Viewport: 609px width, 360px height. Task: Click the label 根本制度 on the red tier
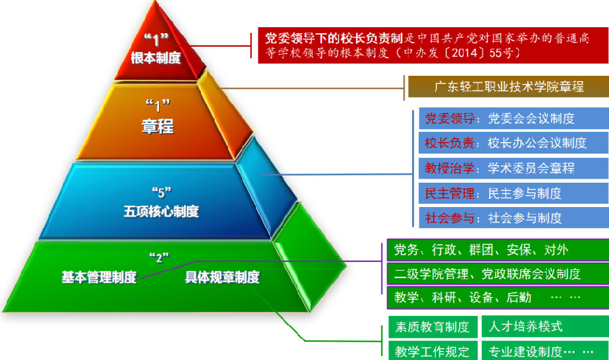click(156, 58)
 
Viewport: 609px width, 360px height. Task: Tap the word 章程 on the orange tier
click(157, 126)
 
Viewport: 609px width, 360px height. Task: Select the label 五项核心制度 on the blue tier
click(161, 211)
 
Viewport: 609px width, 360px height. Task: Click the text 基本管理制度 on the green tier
click(99, 277)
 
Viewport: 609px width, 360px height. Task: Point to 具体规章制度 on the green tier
click(222, 277)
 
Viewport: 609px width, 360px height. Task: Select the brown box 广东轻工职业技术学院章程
click(508, 87)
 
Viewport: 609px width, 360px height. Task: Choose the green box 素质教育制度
click(432, 327)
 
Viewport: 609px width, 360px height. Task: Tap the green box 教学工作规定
click(432, 351)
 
